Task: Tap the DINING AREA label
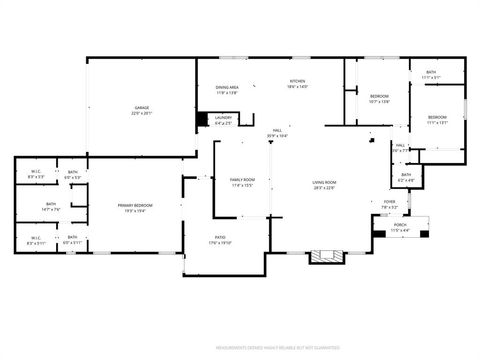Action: click(x=227, y=87)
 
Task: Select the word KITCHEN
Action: click(x=298, y=81)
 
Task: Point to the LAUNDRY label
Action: click(x=224, y=118)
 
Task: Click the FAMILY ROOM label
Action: click(x=242, y=179)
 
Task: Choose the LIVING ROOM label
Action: click(x=324, y=182)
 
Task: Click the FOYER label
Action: click(x=390, y=201)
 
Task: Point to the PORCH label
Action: click(x=400, y=225)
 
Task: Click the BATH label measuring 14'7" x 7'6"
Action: click(x=51, y=205)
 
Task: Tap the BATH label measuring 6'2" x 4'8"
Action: click(x=406, y=175)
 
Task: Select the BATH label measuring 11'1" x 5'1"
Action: click(x=431, y=72)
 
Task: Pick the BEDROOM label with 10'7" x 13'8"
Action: click(x=379, y=96)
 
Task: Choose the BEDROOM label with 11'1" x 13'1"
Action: click(x=438, y=118)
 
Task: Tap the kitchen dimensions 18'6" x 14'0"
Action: click(x=298, y=87)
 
